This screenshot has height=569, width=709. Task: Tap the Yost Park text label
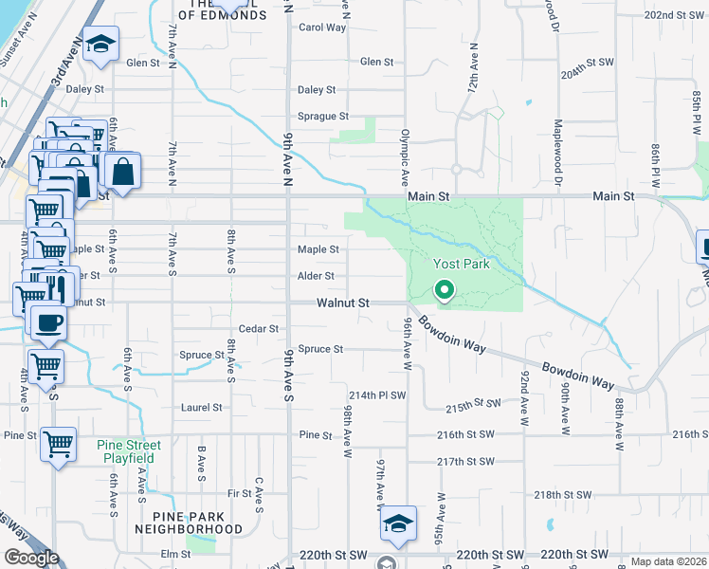click(462, 264)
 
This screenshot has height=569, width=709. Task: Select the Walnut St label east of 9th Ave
click(343, 303)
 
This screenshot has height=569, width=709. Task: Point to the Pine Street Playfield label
click(129, 450)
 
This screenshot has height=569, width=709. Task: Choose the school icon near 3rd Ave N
click(99, 45)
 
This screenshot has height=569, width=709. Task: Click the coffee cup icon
click(48, 321)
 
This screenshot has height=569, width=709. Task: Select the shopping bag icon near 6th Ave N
click(122, 172)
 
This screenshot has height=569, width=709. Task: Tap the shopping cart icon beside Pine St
click(59, 442)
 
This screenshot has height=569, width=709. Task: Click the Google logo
click(31, 558)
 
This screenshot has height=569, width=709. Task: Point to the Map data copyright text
click(668, 561)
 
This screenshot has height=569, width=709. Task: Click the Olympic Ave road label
click(405, 152)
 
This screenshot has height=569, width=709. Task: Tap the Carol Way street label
click(322, 28)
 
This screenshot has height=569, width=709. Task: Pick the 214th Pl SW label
click(377, 395)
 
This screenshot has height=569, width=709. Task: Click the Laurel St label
click(201, 408)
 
